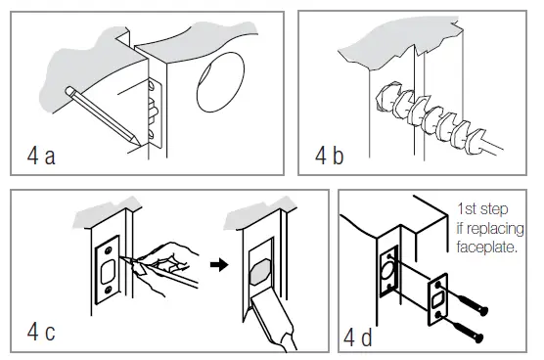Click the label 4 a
pyautogui.click(x=41, y=156)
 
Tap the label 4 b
pyautogui.click(x=330, y=156)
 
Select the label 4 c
pyautogui.click(x=41, y=332)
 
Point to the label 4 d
pyautogui.click(x=358, y=337)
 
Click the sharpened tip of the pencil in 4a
pyautogui.click(x=140, y=144)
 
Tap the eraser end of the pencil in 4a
pyautogui.click(x=68, y=90)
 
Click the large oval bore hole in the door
pyautogui.click(x=220, y=82)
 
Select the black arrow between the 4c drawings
pyautogui.click(x=219, y=265)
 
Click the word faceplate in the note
pyautogui.click(x=486, y=247)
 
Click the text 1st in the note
pyautogui.click(x=466, y=208)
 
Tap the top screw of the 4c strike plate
pyautogui.click(x=109, y=249)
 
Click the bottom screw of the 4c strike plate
pyautogui.click(x=108, y=289)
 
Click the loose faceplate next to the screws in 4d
pyautogui.click(x=437, y=299)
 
